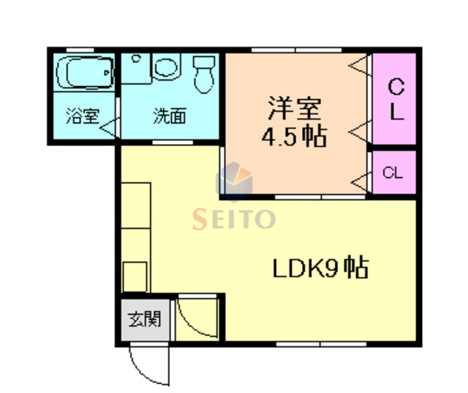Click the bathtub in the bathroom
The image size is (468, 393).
point(86,73)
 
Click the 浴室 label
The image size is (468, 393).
point(82,116)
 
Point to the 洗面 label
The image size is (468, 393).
point(169,116)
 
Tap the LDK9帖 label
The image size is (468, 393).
point(320,269)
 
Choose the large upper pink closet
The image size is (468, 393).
point(395,99)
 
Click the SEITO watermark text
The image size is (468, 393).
point(234,218)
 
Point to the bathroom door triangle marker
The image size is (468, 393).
point(110,129)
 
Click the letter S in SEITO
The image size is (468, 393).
point(199,218)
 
